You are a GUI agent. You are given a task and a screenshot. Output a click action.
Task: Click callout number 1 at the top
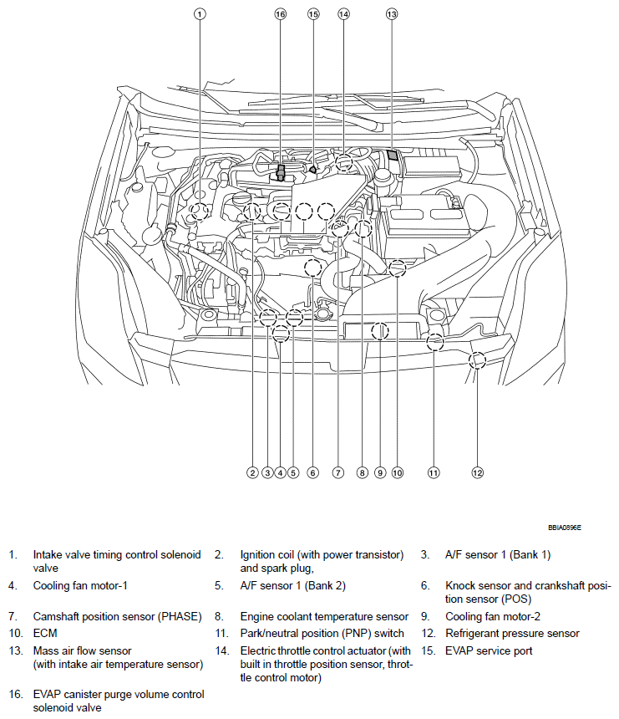tap(200, 14)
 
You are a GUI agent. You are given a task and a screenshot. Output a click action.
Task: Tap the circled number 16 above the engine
tap(280, 14)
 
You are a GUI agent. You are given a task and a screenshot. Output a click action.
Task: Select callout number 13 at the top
tap(392, 14)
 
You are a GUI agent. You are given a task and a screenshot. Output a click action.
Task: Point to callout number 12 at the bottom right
tap(477, 472)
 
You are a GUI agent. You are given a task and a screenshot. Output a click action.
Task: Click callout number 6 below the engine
tap(312, 472)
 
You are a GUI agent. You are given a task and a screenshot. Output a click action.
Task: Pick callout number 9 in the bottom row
tap(379, 472)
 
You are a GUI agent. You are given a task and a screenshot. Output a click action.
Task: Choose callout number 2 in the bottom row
tap(251, 472)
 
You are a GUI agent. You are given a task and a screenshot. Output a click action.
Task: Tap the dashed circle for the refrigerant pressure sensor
tap(477, 360)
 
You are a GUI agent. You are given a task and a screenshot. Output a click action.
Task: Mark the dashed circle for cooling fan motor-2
tap(380, 331)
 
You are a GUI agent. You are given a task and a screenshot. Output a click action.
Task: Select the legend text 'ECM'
tap(45, 633)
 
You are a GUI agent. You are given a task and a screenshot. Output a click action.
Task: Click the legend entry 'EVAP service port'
tap(489, 650)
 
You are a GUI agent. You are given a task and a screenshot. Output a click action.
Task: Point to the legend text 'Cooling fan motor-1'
tap(80, 586)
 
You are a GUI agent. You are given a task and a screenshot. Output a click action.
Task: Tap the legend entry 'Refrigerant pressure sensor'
tap(512, 633)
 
